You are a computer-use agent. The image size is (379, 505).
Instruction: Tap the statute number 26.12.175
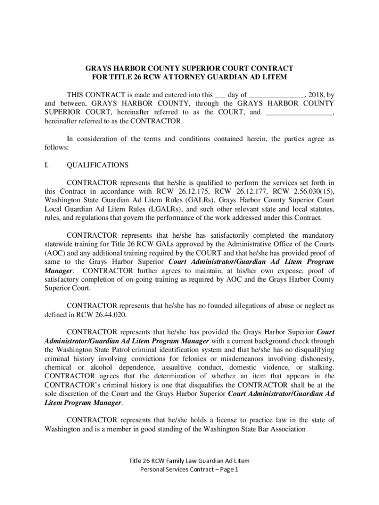pyautogui.click(x=194, y=191)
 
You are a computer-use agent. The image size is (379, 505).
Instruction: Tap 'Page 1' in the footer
pyautogui.click(x=227, y=469)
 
